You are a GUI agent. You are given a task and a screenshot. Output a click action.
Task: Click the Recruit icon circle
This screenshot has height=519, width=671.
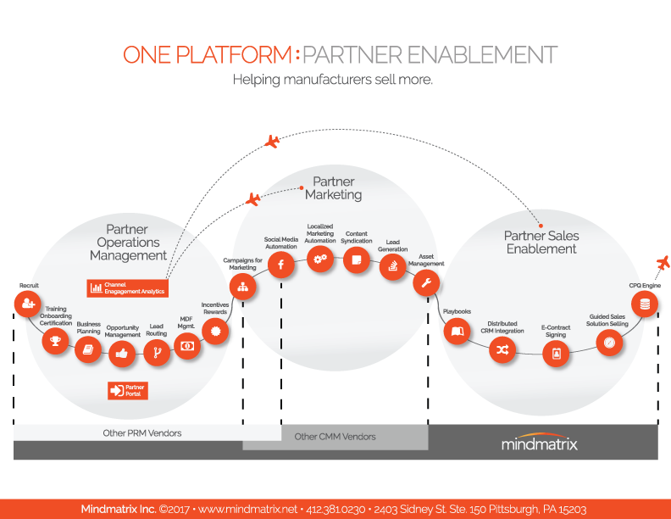coord(28,303)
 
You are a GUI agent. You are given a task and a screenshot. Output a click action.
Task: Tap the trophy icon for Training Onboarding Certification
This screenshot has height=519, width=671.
coord(56,341)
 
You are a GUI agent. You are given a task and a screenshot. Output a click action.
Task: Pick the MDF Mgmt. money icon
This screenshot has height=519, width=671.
coord(187,345)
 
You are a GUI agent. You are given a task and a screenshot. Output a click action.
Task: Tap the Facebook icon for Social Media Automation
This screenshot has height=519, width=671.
coord(280,265)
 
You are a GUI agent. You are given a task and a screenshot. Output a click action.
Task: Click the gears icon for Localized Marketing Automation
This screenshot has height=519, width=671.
coord(320,260)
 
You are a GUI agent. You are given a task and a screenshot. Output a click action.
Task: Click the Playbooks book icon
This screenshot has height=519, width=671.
coord(457,331)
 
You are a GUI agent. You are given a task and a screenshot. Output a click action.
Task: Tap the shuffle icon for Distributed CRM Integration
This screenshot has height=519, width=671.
coord(502,349)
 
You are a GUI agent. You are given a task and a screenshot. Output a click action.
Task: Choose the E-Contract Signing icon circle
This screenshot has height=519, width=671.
coord(557,354)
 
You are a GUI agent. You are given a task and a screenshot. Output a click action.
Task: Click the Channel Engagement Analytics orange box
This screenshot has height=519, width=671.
coord(127,288)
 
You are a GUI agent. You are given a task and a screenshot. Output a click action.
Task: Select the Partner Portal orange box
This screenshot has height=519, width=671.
coord(128,390)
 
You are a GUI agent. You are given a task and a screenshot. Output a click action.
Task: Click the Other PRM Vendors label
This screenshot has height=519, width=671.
coord(147,433)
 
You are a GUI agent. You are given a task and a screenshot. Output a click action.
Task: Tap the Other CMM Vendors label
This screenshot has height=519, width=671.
coord(335,437)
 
